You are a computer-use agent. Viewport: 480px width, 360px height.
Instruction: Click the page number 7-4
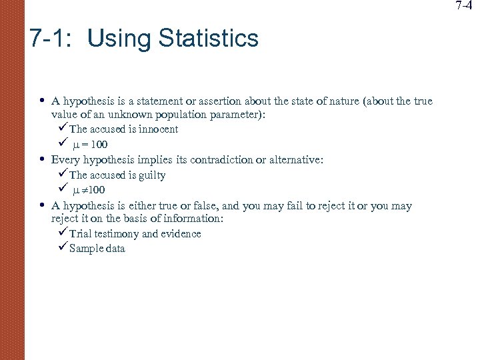click(467, 6)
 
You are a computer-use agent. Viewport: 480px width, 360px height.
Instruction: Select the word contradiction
click(225, 160)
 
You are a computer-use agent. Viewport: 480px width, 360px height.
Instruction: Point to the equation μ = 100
click(90, 145)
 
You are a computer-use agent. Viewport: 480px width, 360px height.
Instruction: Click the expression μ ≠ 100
click(89, 190)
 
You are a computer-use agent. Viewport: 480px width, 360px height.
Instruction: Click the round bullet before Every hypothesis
click(42, 159)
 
